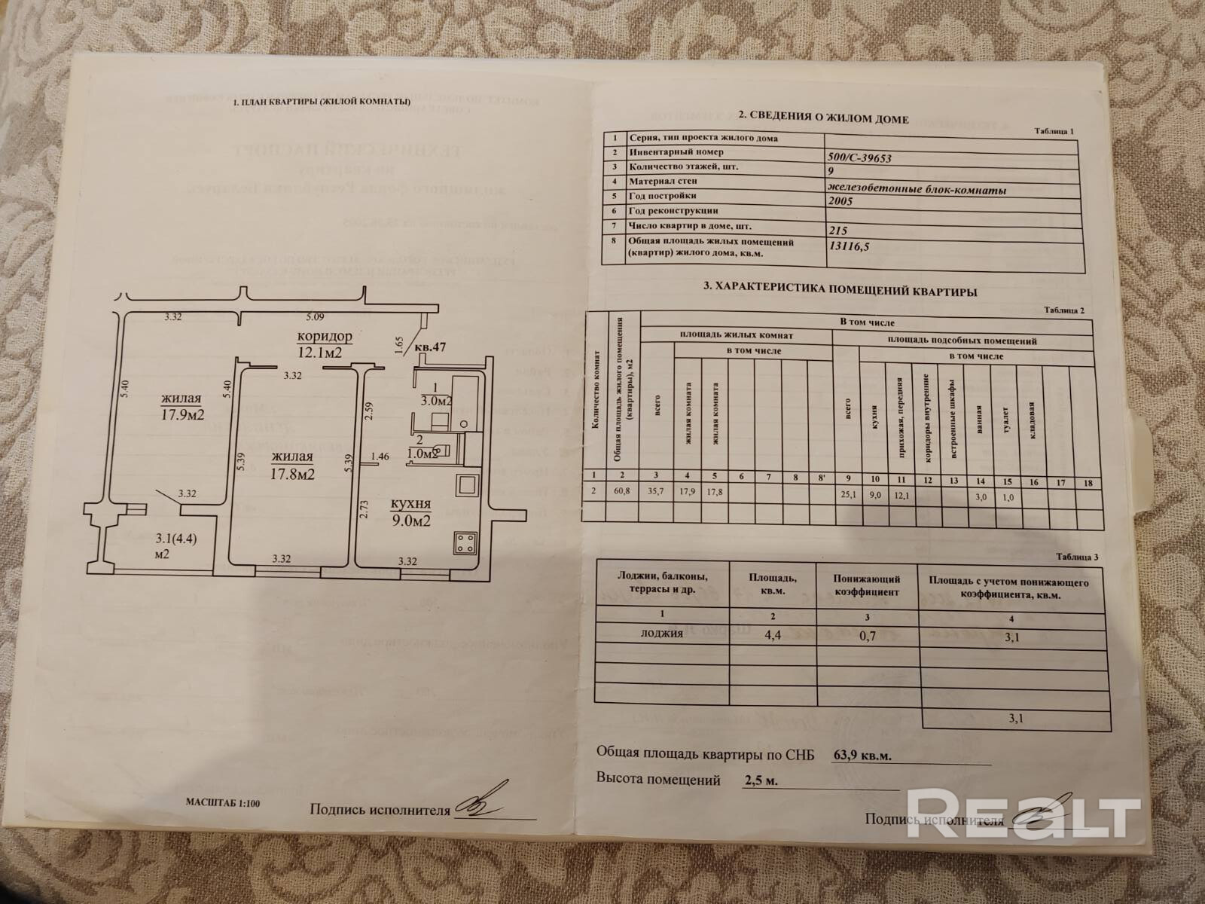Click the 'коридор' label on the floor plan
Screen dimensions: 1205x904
[325, 336]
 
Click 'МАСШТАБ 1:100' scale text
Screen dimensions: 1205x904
[223, 804]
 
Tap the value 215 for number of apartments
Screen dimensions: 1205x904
[837, 233]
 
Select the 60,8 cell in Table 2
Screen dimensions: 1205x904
[622, 490]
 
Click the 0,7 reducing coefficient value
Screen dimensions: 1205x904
[867, 636]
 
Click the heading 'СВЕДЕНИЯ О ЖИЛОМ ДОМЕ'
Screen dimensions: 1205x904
[822, 118]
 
